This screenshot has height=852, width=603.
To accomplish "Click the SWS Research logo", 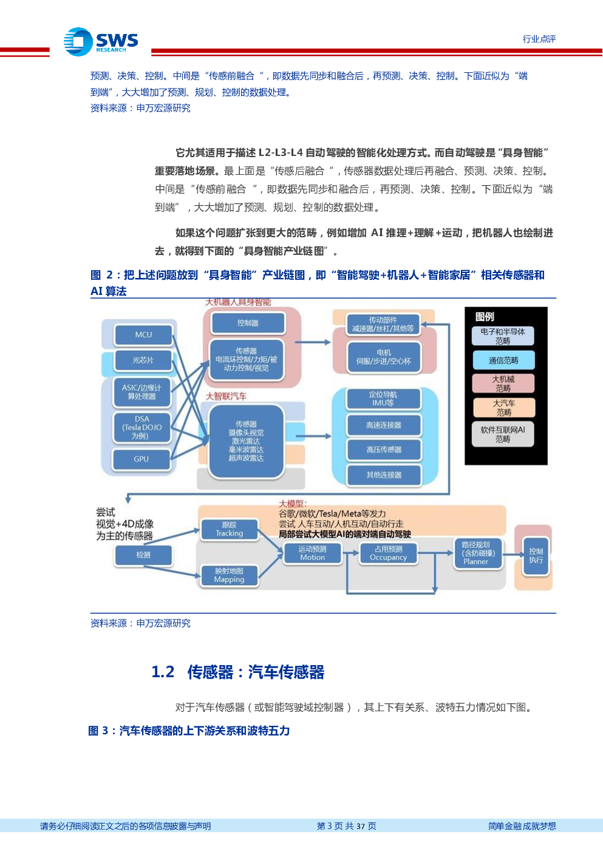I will [101, 42].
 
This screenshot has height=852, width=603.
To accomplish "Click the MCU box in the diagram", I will [143, 335].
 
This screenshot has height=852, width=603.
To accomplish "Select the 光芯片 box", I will [143, 360].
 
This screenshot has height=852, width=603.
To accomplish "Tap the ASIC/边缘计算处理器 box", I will [142, 392].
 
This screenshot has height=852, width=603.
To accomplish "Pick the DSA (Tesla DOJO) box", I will [142, 427].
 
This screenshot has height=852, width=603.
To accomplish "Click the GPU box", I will [141, 459].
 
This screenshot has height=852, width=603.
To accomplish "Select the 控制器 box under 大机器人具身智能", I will [248, 323].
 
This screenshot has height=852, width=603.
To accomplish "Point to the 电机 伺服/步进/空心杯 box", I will [384, 357].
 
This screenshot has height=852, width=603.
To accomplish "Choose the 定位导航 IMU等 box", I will [383, 399].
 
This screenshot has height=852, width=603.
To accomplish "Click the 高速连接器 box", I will [384, 425].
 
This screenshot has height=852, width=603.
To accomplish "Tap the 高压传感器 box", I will [384, 450].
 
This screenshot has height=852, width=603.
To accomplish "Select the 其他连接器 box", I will [384, 475].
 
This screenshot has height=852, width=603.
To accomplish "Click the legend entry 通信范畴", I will [503, 360].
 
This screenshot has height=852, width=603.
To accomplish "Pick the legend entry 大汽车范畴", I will [503, 407].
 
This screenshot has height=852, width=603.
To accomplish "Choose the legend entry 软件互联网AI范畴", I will [503, 434].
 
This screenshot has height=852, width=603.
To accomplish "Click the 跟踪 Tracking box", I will [229, 529].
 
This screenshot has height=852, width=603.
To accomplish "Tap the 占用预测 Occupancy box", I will [388, 553].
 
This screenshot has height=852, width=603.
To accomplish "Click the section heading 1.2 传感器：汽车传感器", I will [237, 672].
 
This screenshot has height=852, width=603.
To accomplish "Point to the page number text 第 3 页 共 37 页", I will [346, 826].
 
